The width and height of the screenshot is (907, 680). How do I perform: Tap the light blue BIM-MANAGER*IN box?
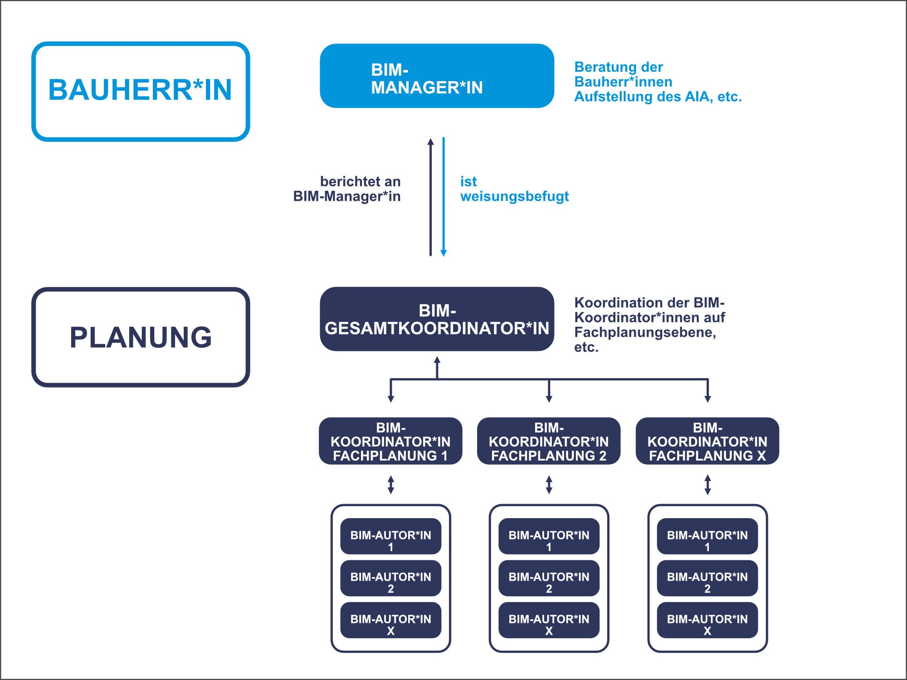437,76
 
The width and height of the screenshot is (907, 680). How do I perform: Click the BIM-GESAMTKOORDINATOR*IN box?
437,319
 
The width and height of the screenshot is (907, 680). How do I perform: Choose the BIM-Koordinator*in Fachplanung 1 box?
390,441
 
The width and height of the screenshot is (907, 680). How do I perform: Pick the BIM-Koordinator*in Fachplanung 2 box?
549,441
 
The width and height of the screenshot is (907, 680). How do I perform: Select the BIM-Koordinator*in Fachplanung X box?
707,441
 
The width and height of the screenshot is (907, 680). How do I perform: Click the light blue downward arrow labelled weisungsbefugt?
444,197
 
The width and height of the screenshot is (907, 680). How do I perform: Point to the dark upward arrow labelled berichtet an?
431,197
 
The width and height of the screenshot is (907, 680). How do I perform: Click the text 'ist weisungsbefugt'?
514,189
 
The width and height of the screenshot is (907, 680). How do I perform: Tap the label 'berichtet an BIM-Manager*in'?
347,189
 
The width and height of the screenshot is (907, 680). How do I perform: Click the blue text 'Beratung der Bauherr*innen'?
623,74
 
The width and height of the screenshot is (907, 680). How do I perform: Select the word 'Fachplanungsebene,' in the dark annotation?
645,332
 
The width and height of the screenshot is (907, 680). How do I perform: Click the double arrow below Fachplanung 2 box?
549,485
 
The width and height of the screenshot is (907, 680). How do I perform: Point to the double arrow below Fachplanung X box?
707,485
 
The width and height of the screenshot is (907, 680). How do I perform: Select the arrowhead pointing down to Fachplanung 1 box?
390,399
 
